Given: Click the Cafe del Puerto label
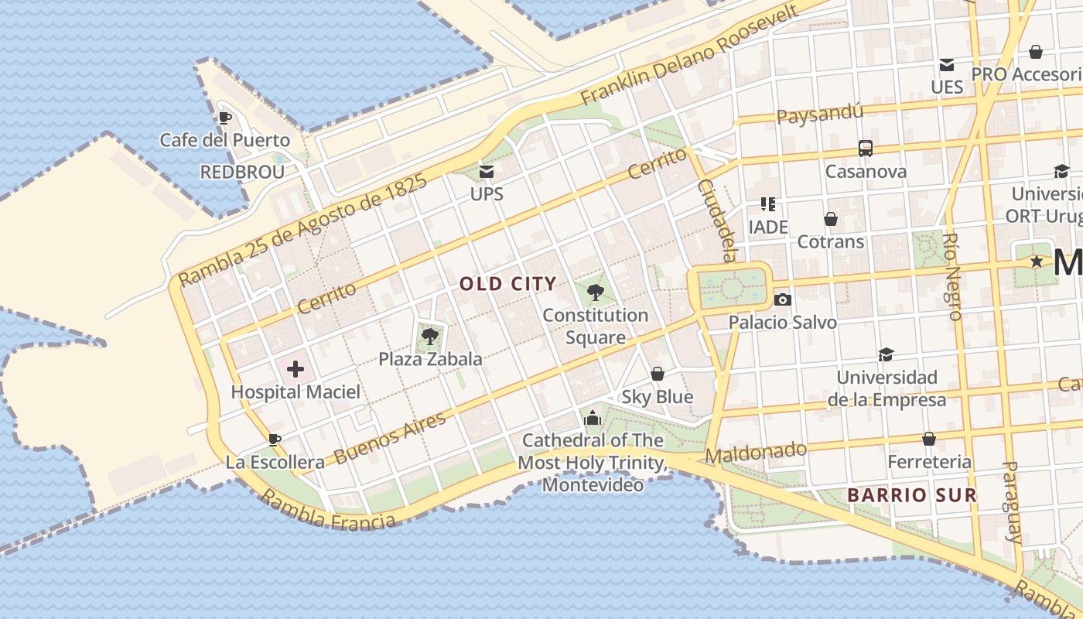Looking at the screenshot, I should pos(224,140).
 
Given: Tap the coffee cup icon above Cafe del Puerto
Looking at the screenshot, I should pos(224,118).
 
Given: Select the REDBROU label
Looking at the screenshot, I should pos(242,172).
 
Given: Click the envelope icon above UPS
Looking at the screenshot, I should pos(487,171).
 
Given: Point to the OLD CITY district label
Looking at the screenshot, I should pos(507,284).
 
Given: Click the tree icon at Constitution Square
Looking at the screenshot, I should pos(595,292).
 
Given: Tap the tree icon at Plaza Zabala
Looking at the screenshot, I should pos(429,336).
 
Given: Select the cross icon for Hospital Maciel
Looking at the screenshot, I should pos(296,369).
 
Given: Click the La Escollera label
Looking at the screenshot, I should pos(275,463).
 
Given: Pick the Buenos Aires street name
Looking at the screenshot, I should pos(391,438).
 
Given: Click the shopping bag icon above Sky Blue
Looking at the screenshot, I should pos(658,374).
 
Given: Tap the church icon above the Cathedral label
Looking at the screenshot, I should pos(593,418).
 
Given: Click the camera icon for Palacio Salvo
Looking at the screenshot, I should pos(782,299).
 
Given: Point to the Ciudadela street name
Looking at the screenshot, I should pos(716,221).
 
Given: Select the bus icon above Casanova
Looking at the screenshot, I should pos(866,149).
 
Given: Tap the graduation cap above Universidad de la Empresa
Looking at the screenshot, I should pos(886,354).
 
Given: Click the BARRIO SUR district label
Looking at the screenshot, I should pos(911,495).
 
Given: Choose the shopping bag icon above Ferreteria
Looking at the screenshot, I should pos(929,439).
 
